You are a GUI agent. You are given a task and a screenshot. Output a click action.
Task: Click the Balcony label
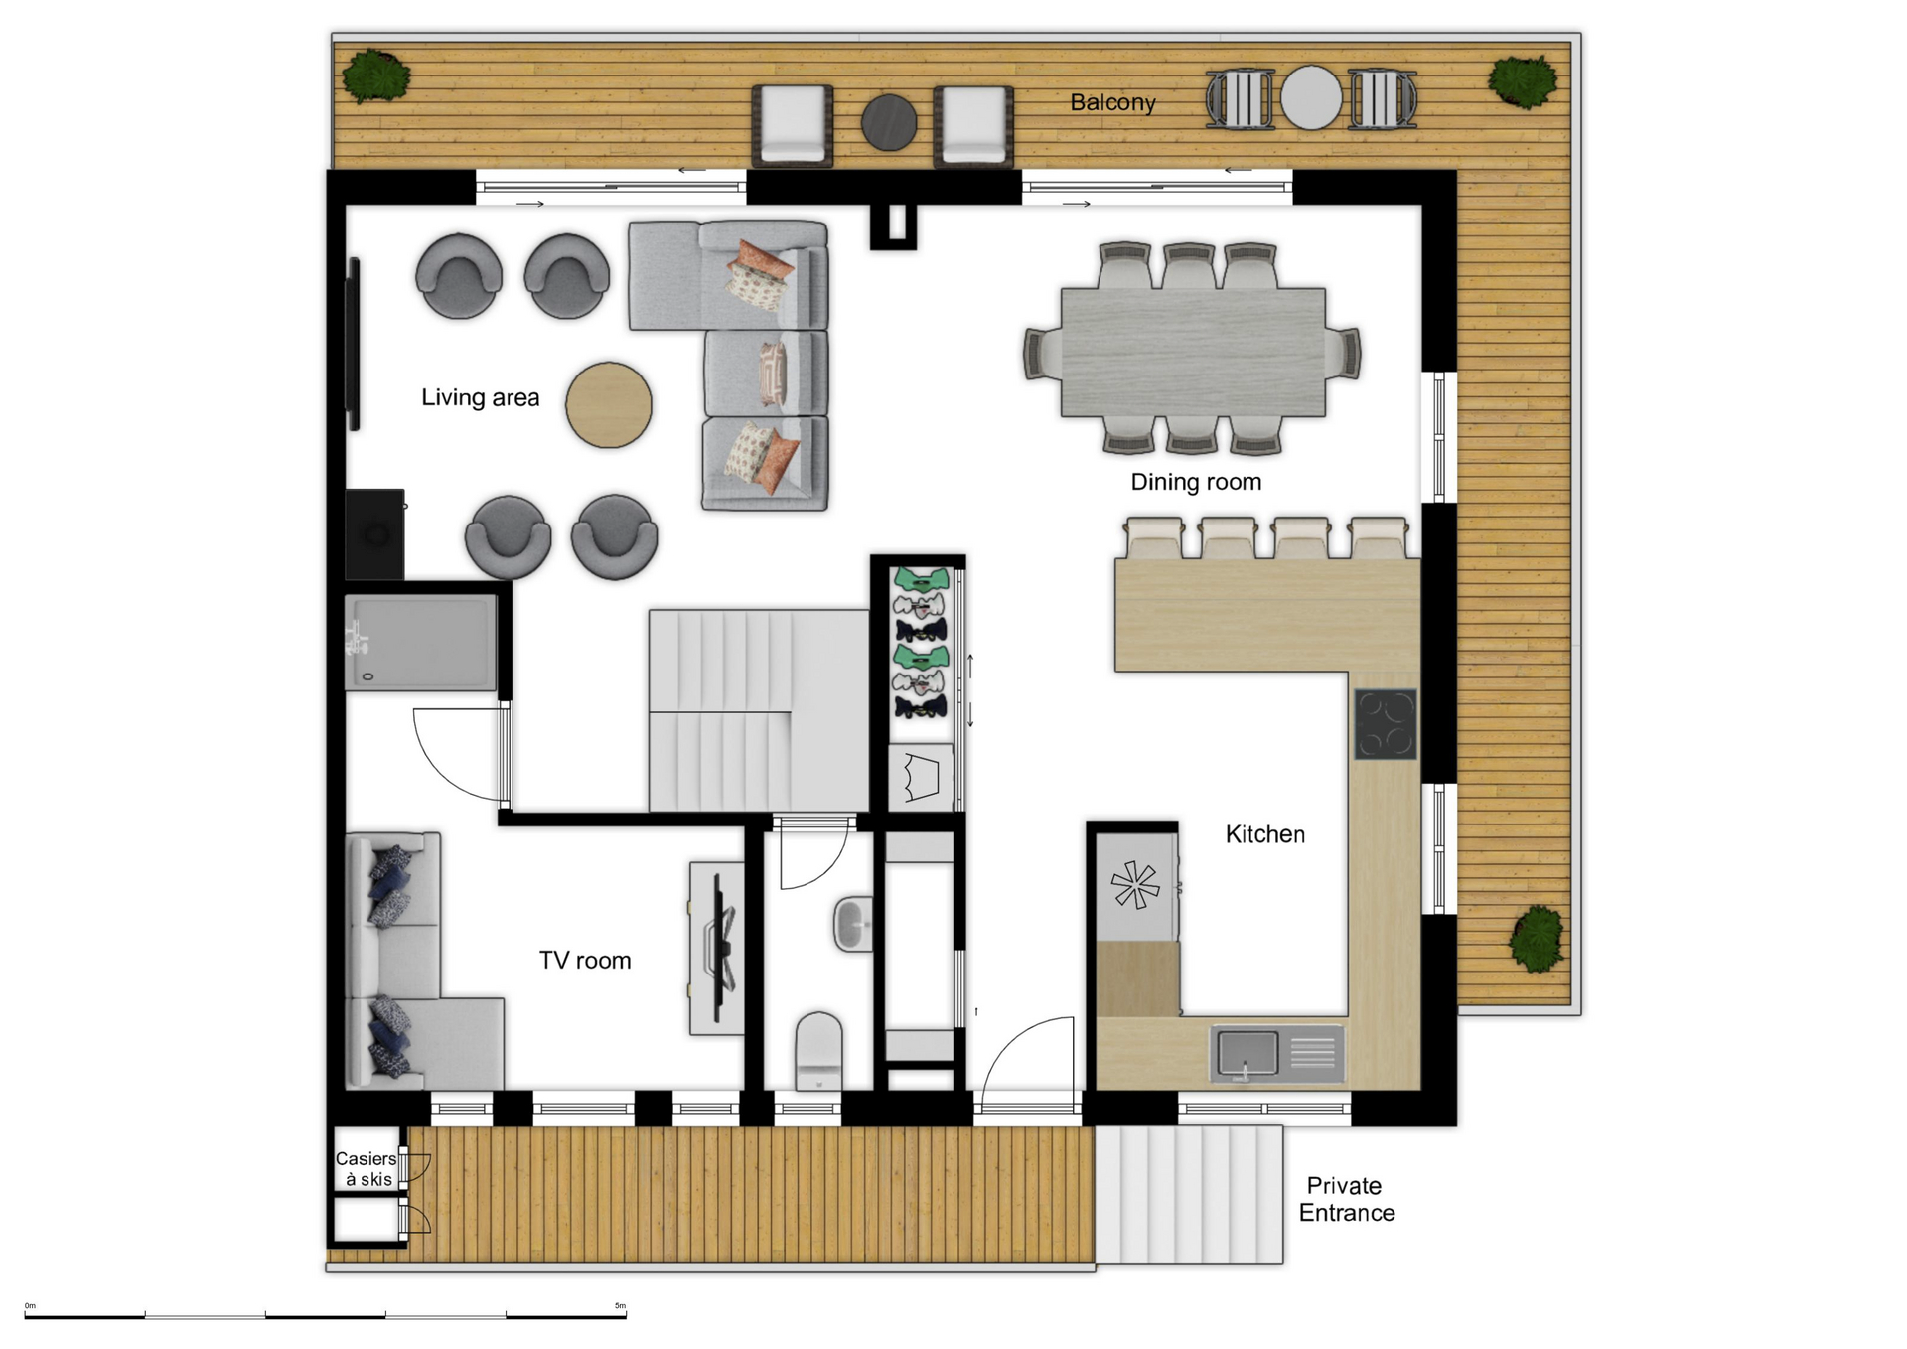click(x=1112, y=102)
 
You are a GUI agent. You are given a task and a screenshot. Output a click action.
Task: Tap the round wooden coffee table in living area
click(x=609, y=404)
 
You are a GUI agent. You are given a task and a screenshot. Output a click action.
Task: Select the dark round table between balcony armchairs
click(x=888, y=123)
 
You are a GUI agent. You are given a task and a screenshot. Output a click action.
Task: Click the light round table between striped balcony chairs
click(x=1311, y=97)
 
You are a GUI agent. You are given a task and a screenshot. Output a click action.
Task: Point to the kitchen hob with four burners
click(x=1386, y=724)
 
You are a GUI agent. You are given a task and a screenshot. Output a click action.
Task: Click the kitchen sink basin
click(x=1247, y=1052)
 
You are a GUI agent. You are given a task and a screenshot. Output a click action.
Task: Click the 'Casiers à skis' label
click(x=366, y=1168)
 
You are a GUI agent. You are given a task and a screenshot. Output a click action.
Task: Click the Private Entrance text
click(x=1346, y=1199)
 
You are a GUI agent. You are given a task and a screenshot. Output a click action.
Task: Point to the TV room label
click(x=584, y=960)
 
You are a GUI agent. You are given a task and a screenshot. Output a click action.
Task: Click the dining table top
click(x=1193, y=352)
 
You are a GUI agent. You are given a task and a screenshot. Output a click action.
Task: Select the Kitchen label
click(x=1264, y=834)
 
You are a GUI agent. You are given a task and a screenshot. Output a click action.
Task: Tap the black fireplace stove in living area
click(x=374, y=534)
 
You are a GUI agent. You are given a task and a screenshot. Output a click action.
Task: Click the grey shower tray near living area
click(x=420, y=643)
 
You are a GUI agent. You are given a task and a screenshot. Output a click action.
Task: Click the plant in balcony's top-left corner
click(x=376, y=76)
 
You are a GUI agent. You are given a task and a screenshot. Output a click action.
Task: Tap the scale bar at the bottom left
click(x=326, y=1316)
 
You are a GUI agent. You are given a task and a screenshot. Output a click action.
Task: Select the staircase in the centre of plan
click(x=758, y=710)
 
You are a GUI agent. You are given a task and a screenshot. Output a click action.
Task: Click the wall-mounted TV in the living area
click(x=353, y=344)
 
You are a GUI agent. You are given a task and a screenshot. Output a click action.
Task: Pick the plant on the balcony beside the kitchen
click(x=1537, y=939)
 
